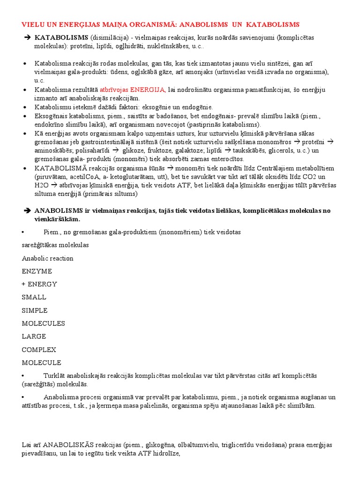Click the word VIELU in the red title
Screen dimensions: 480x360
pos(33,24)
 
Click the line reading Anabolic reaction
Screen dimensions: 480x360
pos(48,258)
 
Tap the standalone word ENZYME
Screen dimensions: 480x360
pos(37,271)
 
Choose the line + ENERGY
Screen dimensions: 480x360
pos(39,284)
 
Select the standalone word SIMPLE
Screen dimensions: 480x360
pos(35,310)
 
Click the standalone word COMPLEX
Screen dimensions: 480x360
pos(39,350)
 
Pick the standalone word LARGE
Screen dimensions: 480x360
pos(34,337)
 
